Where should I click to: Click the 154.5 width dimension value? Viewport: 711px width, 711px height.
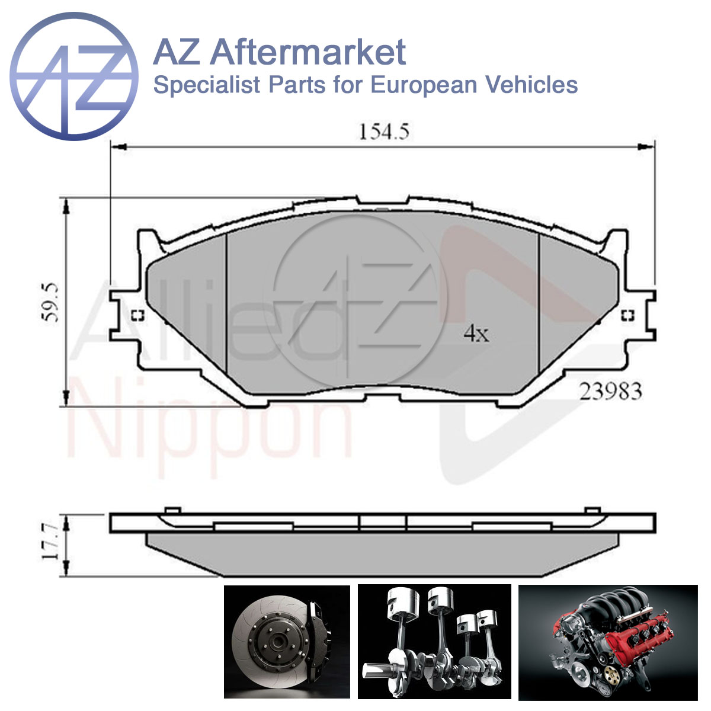pos(384,132)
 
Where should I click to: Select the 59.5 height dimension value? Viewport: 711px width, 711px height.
pos(50,303)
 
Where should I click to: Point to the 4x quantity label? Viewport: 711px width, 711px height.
pos(476,334)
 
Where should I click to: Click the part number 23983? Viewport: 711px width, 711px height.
pos(611,392)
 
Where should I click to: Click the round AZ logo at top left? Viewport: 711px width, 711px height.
pos(74,76)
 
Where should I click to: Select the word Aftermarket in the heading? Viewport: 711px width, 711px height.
pos(309,52)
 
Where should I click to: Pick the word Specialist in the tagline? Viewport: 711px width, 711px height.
pos(207,85)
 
